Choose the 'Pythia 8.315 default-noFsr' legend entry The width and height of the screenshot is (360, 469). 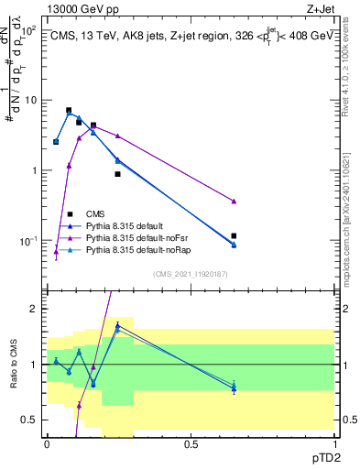[x=136, y=237]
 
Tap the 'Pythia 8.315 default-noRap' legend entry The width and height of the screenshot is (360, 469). [x=137, y=249]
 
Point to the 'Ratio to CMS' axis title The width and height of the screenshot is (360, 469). [x=13, y=366]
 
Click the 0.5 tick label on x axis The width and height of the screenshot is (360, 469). [x=191, y=444]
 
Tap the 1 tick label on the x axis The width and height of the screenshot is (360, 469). [x=335, y=444]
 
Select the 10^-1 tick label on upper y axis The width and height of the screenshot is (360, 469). [x=27, y=241]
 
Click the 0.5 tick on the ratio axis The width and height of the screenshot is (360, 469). [x=31, y=420]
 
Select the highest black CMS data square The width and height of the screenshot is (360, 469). [x=69, y=110]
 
